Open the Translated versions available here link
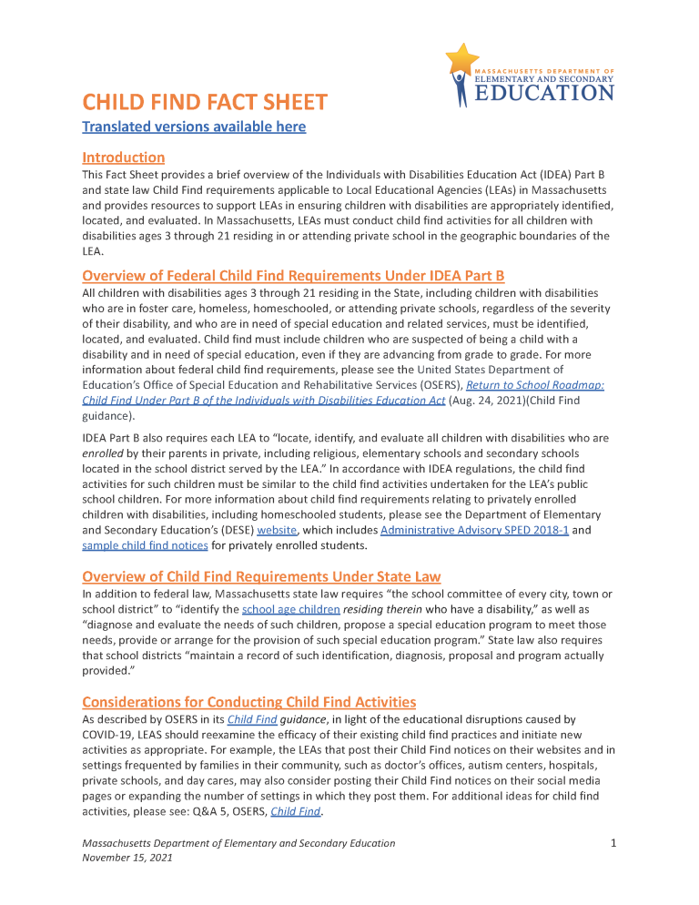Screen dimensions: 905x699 pos(194,127)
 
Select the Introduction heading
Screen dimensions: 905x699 pos(123,158)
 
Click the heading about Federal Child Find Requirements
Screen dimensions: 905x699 pos(292,276)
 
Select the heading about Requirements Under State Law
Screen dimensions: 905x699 pos(261,576)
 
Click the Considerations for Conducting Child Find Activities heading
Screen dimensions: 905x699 pos(248,702)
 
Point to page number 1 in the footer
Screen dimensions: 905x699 pos(613,844)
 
